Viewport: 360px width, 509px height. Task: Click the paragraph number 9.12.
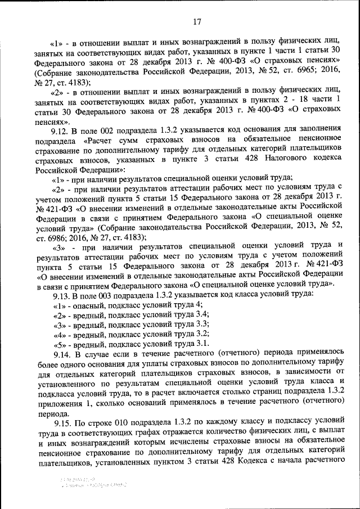[61, 130]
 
